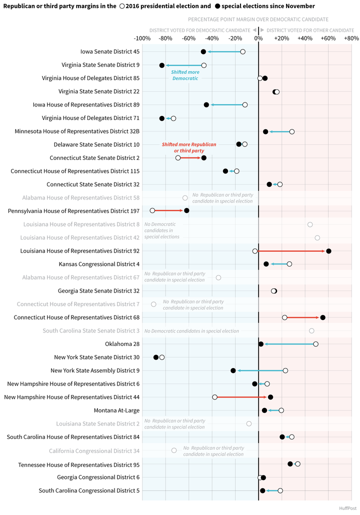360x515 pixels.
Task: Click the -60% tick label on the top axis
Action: [x=188, y=38]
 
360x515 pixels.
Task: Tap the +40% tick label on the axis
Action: [x=305, y=38]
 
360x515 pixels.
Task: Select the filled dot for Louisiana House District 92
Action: [x=328, y=251]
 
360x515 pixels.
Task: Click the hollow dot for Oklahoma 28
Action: [x=315, y=344]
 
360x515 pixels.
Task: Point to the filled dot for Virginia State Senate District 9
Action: [x=162, y=65]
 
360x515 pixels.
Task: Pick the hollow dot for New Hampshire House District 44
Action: [x=215, y=397]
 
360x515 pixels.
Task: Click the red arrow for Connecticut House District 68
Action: [x=302, y=317]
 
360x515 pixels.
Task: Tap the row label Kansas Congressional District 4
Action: [x=99, y=264]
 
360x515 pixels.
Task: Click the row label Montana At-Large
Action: [x=116, y=410]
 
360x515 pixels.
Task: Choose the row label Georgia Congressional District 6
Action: [x=98, y=477]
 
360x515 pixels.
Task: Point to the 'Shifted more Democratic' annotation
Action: [x=185, y=75]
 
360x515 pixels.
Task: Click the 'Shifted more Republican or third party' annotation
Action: [x=189, y=147]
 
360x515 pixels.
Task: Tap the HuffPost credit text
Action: [x=348, y=508]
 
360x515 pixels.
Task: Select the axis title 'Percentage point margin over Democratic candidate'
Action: [x=258, y=19]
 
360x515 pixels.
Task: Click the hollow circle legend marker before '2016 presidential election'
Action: [x=121, y=6]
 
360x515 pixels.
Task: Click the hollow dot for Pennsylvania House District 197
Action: [x=152, y=210]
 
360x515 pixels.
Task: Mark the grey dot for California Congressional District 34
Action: [x=174, y=450]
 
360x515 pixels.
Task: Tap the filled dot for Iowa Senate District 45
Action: [x=203, y=52]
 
